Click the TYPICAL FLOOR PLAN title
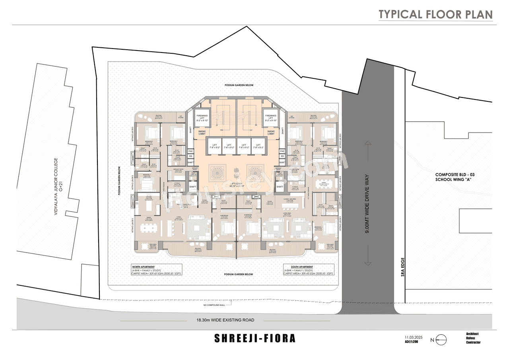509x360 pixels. pyautogui.click(x=435, y=14)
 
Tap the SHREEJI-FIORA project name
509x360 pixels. pyautogui.click(x=255, y=339)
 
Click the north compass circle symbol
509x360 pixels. pyautogui.click(x=441, y=340)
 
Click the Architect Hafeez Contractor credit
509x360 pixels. pyautogui.click(x=473, y=338)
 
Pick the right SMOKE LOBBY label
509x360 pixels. pyautogui.click(x=271, y=133)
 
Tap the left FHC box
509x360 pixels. pyautogui.click(x=190, y=151)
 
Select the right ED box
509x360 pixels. pyautogui.click(x=282, y=156)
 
